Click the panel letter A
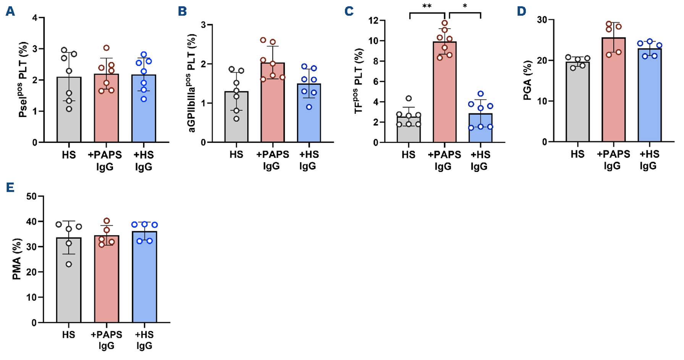[10, 11]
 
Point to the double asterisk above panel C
[427, 6]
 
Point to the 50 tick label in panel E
[31, 196]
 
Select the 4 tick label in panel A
[35, 18]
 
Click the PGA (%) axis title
[527, 80]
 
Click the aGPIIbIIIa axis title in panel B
[192, 83]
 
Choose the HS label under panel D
[577, 154]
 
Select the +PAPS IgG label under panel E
[107, 340]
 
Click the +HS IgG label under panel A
[144, 161]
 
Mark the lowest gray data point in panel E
[69, 264]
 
